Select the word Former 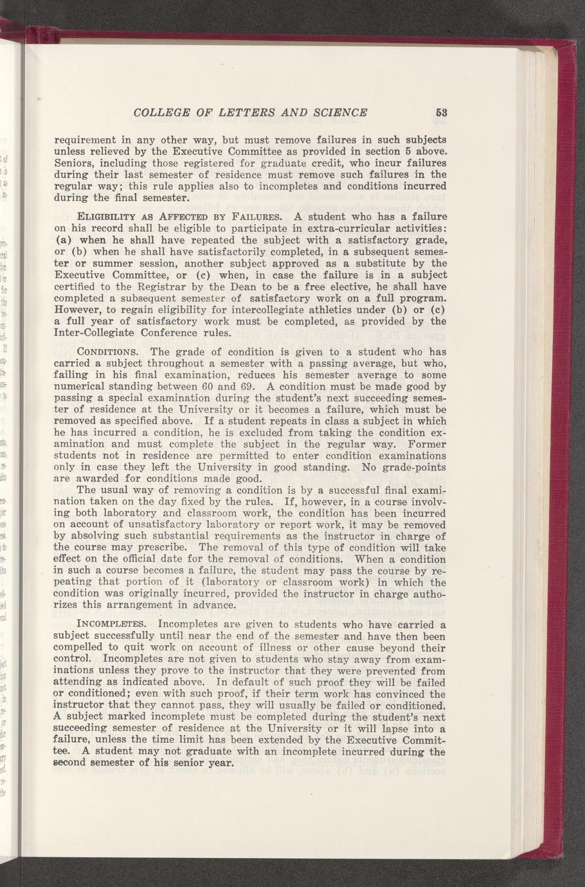click(x=424, y=443)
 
